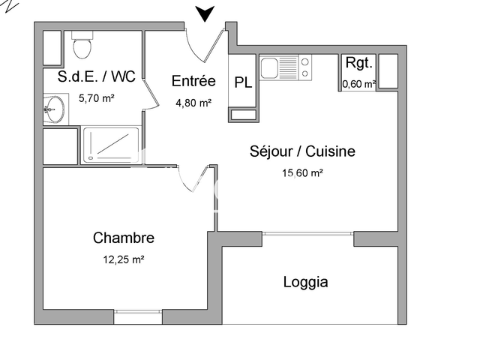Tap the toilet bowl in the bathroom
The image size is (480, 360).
(82, 48)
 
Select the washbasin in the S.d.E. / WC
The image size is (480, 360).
(54, 109)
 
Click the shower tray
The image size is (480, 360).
(111, 145)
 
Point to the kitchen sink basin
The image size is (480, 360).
(269, 67)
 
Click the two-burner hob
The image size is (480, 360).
(305, 67)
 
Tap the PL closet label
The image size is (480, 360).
(243, 82)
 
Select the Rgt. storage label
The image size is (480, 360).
(358, 63)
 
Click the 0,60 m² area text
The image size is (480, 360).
(359, 83)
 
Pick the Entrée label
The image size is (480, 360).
(193, 81)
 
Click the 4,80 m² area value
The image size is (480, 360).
(193, 103)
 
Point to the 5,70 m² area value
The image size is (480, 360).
(97, 98)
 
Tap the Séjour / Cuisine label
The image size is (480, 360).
(302, 151)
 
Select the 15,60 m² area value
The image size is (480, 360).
(302, 173)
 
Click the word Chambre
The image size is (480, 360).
(124, 238)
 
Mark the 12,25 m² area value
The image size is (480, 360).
(124, 260)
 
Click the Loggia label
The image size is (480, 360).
(305, 282)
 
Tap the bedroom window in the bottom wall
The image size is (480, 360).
(138, 312)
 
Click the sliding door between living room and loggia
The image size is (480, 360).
(308, 233)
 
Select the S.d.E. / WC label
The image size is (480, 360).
(97, 76)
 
